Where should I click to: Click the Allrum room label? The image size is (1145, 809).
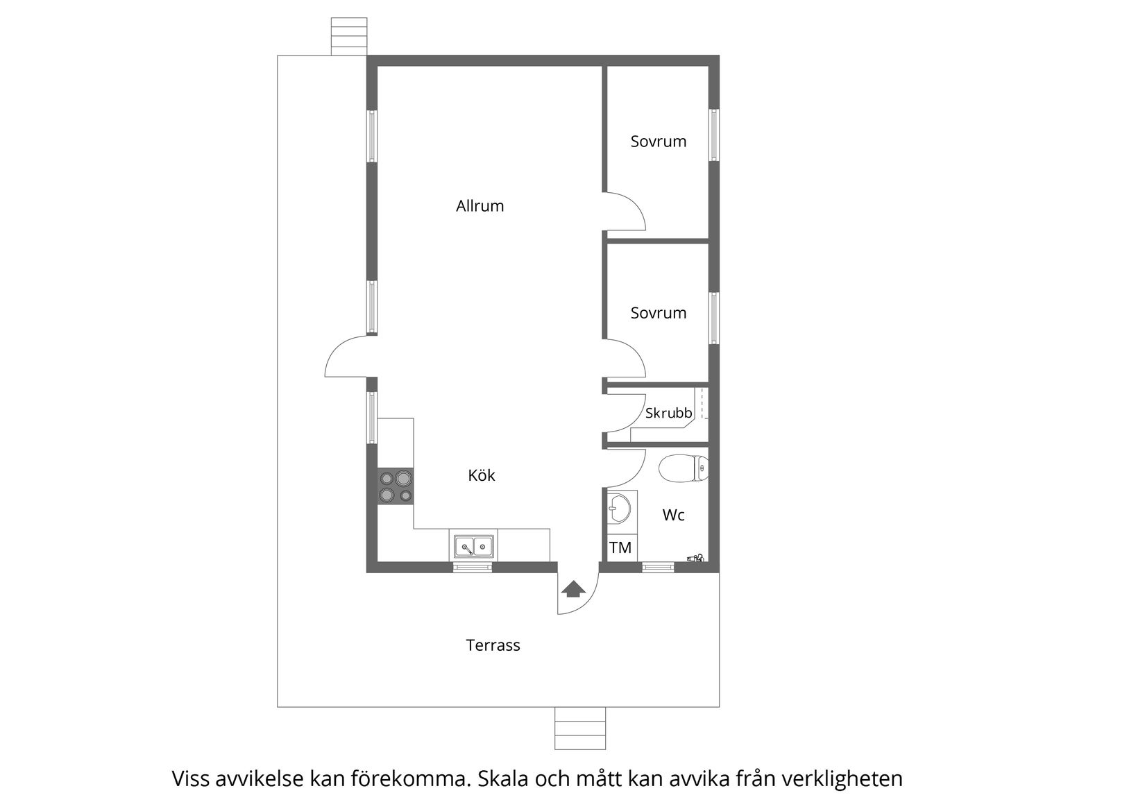[480, 206]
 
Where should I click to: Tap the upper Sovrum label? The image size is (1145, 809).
[658, 142]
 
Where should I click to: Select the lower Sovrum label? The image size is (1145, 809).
[658, 313]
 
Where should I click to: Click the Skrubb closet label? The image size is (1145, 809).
[668, 414]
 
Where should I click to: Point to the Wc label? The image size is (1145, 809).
[673, 515]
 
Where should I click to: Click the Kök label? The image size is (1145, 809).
[482, 475]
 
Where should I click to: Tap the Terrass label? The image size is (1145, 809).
[493, 645]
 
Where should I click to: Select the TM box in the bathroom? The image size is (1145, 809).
[620, 547]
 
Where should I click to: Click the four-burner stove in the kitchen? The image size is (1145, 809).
[396, 486]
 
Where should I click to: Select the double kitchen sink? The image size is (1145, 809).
[473, 547]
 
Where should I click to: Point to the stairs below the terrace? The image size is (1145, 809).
[580, 729]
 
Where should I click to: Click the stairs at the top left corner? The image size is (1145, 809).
[348, 36]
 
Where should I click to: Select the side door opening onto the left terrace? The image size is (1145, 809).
[347, 357]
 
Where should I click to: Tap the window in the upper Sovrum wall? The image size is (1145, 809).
[713, 135]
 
